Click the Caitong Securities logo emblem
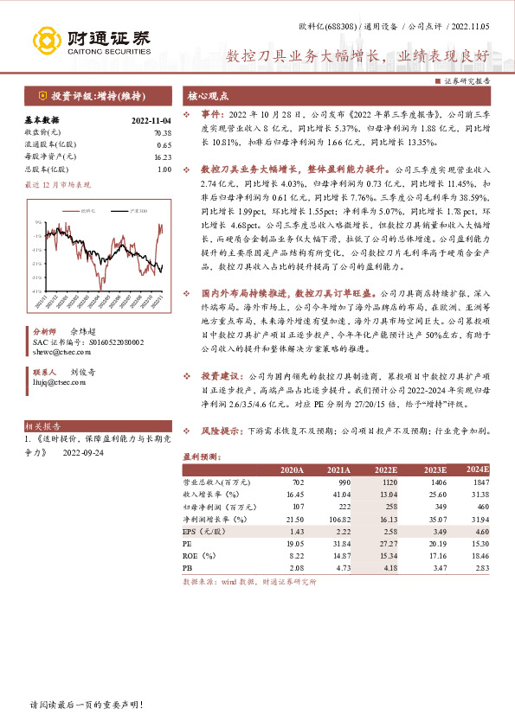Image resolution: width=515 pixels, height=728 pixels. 47,40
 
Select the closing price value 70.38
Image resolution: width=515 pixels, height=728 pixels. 162,133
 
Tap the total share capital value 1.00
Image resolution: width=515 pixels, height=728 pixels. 164,169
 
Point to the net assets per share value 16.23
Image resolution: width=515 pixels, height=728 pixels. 162,157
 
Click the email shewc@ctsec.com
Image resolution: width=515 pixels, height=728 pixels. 56,354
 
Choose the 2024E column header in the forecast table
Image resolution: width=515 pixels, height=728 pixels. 477,469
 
